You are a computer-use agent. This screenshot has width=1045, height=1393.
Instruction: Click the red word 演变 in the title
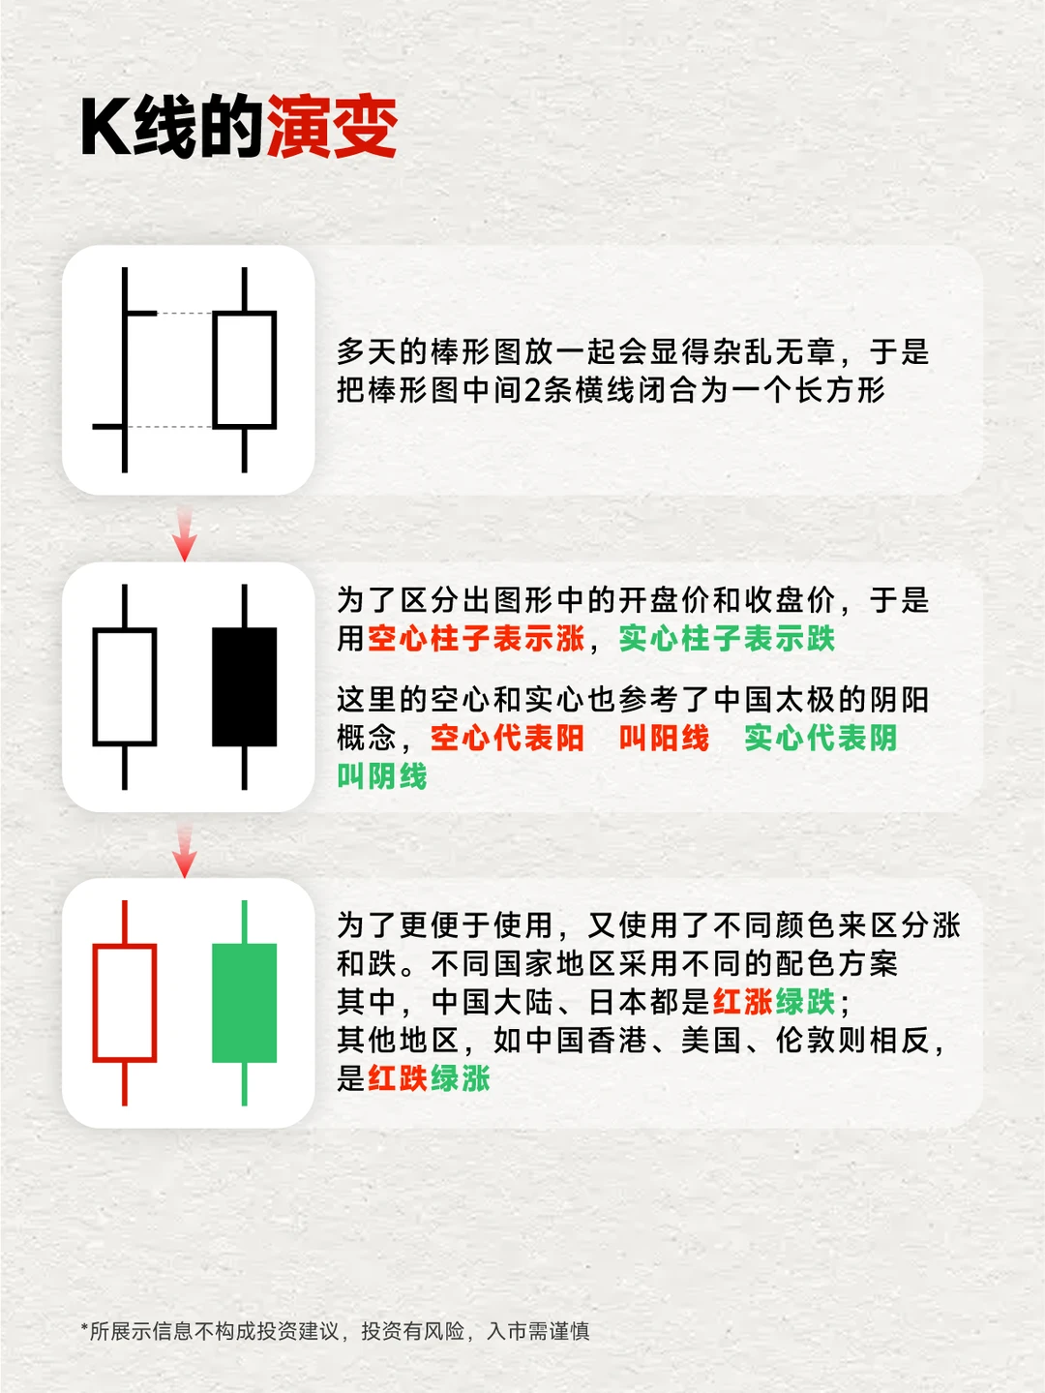(x=331, y=128)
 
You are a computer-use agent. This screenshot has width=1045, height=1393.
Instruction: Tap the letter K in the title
(x=104, y=128)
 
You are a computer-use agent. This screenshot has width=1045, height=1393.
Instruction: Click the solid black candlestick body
(x=244, y=687)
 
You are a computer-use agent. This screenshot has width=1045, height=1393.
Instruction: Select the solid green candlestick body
(x=244, y=1003)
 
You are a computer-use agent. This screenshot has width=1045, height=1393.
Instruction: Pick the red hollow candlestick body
(x=125, y=1003)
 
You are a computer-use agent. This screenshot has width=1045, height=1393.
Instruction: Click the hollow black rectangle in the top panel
(x=244, y=370)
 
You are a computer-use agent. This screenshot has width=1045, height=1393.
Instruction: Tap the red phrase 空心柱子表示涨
(x=476, y=639)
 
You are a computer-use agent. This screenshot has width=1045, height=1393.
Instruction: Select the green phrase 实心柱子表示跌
(x=727, y=639)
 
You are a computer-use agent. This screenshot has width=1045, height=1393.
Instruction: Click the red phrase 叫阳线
(x=664, y=739)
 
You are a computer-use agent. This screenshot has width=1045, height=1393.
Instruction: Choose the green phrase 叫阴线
(x=381, y=776)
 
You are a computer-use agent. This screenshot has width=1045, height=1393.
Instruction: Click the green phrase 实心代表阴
(x=821, y=739)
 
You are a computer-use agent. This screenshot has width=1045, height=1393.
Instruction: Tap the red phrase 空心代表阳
(x=507, y=739)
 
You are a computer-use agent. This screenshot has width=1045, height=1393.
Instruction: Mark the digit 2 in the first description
(x=532, y=390)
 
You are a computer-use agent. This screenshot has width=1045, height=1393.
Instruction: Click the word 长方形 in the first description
(x=840, y=390)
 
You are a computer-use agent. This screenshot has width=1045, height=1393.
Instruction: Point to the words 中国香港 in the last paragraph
(x=586, y=1041)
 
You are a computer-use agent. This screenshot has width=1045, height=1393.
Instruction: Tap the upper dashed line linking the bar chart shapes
(x=184, y=314)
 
